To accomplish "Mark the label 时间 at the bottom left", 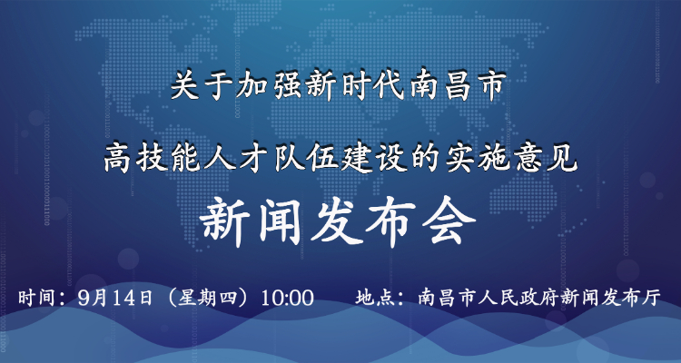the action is pyautogui.click(x=35, y=299).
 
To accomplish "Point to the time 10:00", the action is pyautogui.click(x=287, y=299).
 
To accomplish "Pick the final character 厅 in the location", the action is pyautogui.click(x=652, y=299).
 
